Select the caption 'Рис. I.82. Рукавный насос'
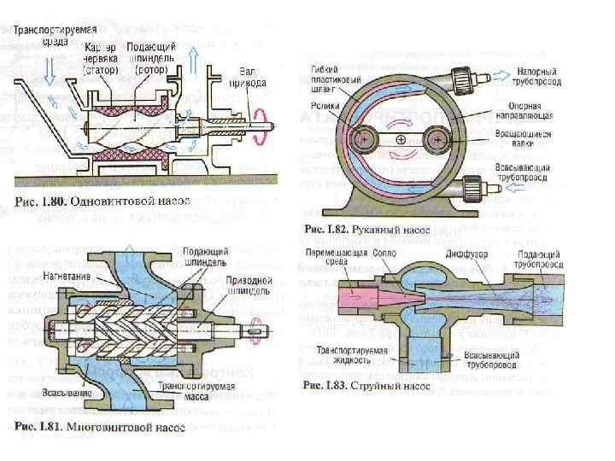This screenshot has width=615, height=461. [369, 228]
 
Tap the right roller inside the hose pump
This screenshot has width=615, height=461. [439, 136]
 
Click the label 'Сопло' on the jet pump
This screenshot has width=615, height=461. [383, 254]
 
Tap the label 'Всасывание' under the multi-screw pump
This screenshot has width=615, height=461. [61, 394]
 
